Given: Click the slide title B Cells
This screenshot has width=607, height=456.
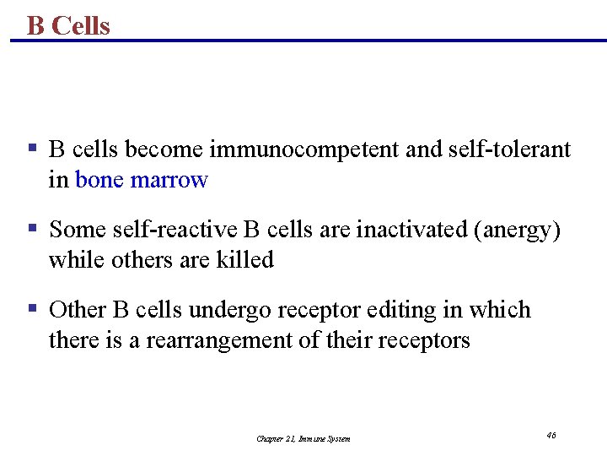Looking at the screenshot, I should click(68, 25).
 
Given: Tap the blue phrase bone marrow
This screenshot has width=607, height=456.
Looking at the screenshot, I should click(142, 180).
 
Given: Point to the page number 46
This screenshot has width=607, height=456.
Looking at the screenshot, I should click(551, 435).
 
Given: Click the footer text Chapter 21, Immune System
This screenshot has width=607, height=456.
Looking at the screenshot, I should click(303, 438).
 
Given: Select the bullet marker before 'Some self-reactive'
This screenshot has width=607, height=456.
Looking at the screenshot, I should click(31, 229).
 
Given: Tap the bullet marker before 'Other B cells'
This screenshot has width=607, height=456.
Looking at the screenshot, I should click(31, 309).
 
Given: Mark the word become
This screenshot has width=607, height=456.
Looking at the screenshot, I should click(164, 150).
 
